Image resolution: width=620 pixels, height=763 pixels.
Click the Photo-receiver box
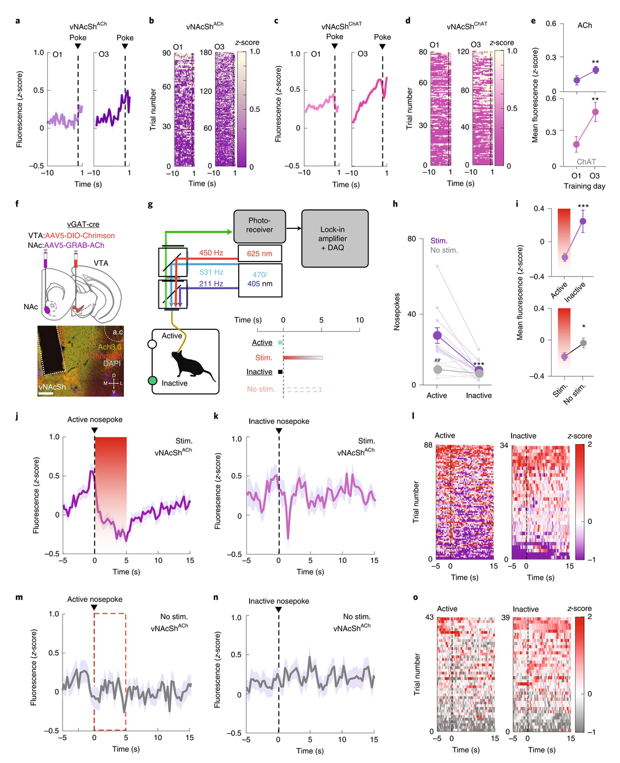click(259, 225)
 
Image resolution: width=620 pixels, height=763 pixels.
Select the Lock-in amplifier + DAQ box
click(335, 238)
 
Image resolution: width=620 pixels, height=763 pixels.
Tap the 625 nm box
click(259, 254)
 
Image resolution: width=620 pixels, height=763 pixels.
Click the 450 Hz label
click(211, 252)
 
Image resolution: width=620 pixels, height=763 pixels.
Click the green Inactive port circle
click(152, 380)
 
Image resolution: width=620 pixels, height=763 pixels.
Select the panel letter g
click(150, 204)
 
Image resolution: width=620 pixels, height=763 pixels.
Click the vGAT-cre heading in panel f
click(83, 224)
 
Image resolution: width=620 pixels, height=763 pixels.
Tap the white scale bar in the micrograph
click(46, 394)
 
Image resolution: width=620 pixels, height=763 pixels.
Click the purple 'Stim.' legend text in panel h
click(439, 241)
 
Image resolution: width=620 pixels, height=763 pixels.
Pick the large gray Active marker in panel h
click(437, 369)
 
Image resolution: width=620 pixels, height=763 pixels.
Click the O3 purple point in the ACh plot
click(595, 70)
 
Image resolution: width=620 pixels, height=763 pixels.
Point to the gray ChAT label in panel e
click(586, 162)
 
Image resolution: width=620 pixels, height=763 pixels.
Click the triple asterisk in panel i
click(583, 207)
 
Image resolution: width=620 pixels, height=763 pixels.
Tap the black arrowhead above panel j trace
click(95, 430)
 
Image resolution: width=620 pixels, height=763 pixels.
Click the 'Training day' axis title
click(584, 186)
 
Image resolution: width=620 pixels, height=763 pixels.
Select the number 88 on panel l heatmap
click(428, 445)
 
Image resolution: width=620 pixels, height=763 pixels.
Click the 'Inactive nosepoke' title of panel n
click(278, 601)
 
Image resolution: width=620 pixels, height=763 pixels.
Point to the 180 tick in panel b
click(206, 53)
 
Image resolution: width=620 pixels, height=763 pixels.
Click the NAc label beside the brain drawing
click(31, 307)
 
